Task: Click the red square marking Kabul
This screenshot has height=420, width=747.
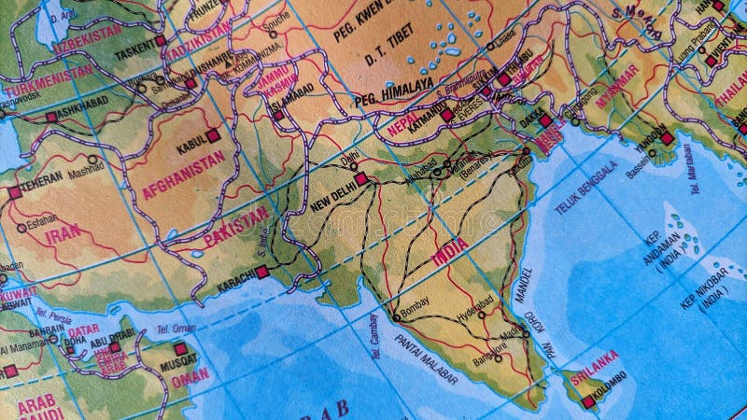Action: (213, 135)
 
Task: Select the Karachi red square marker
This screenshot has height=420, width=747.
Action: (262, 272)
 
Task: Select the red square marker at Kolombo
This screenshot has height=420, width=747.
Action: (587, 402)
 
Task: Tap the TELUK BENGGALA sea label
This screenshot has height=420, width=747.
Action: (586, 188)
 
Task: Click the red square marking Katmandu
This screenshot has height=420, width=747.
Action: (447, 116)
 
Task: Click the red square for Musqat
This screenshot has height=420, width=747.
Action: (180, 349)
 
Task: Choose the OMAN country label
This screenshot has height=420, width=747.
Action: (190, 376)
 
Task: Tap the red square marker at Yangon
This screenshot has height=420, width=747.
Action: (667, 138)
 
